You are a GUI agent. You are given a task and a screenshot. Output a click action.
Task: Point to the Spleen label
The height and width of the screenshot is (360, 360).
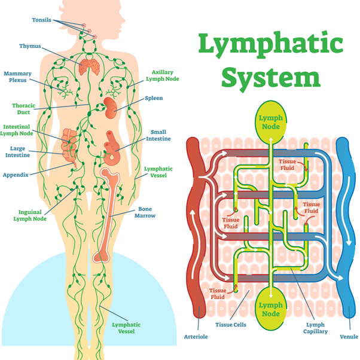coord(154,98)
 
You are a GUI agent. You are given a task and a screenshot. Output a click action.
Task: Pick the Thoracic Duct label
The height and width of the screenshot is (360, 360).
coord(24,108)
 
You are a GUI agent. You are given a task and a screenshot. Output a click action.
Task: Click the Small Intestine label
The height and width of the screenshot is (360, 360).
coord(158,135)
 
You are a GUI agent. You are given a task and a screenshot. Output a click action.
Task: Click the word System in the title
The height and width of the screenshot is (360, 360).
coord(274,78)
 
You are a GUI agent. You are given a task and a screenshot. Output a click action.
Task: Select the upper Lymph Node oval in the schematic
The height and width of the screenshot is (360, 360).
coord(270,121)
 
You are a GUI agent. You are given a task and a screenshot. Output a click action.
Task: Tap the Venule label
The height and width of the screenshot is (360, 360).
coord(349,337)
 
